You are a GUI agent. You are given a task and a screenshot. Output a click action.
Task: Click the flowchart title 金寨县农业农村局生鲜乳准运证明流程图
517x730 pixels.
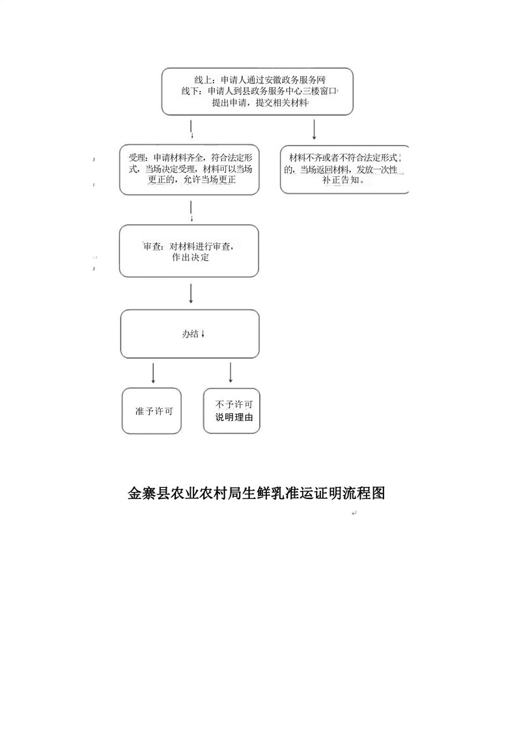256,493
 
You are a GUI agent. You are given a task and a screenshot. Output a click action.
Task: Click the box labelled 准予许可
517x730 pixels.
151,411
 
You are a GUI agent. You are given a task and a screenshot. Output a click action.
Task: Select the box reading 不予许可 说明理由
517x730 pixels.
232,411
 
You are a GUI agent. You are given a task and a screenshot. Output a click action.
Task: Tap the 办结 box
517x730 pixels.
190,334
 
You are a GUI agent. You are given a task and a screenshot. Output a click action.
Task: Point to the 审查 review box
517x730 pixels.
189,251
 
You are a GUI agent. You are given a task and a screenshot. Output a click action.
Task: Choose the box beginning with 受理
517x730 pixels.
189,169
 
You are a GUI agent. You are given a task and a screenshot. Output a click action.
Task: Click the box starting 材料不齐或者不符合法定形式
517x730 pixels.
344,169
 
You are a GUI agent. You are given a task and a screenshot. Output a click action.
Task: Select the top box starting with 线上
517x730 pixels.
257,91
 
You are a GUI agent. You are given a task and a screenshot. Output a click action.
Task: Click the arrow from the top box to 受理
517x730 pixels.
192,130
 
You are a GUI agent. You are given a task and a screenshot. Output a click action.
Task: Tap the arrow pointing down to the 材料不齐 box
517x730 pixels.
314,130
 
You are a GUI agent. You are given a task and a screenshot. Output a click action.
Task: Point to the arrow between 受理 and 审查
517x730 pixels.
191,211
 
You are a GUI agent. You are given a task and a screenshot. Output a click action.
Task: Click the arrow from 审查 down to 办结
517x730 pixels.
191,293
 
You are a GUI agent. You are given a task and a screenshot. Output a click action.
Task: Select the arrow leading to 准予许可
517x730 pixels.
153,373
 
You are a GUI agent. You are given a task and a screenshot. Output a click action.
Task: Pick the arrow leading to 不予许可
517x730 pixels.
231,373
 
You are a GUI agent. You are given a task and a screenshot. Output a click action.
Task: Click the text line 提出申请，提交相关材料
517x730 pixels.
260,103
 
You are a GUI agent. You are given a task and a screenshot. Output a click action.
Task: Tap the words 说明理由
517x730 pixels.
234,418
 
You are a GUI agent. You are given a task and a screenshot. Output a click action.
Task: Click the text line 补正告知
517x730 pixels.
343,180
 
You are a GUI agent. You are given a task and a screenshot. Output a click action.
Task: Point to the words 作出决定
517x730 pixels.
191,258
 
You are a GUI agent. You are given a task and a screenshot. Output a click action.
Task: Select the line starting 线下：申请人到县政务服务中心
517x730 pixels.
258,91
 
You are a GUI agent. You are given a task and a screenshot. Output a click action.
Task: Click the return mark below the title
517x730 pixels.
354,513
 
